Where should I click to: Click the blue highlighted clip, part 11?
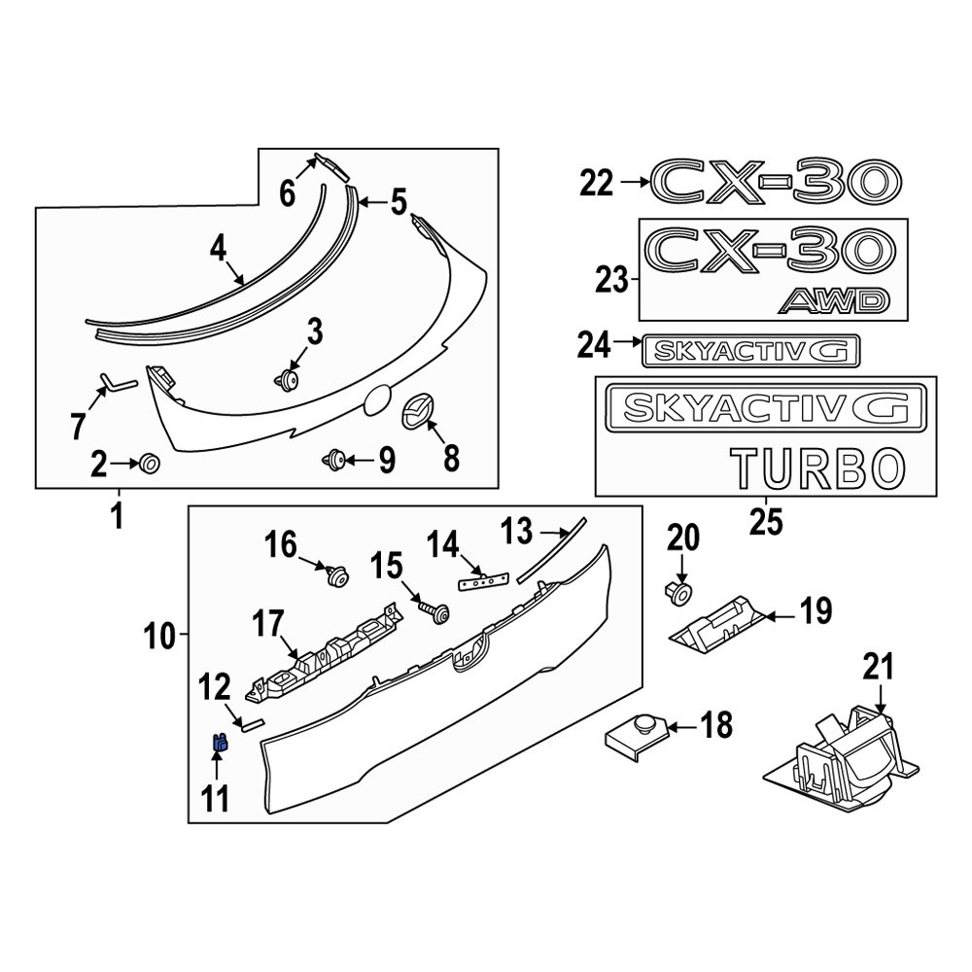(x=220, y=744)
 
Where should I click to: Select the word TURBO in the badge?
(x=813, y=469)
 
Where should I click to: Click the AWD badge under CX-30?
(x=833, y=301)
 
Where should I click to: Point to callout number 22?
(x=597, y=182)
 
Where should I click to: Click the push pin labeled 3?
(x=289, y=379)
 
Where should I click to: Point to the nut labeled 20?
(x=679, y=591)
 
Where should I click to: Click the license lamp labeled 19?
(x=717, y=622)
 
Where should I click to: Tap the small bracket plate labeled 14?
(x=483, y=579)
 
